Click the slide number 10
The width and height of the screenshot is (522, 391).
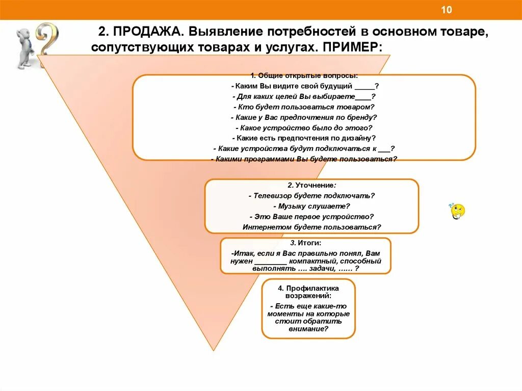[447, 10]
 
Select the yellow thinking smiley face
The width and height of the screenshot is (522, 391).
[458, 211]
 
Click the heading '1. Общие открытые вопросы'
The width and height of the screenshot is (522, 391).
[304, 75]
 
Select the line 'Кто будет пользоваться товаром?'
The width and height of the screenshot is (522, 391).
[304, 107]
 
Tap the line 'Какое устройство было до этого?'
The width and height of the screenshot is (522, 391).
[304, 127]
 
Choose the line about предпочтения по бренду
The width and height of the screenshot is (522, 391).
[304, 117]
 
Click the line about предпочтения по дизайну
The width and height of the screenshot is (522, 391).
[304, 138]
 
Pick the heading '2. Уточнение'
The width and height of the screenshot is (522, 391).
[311, 185]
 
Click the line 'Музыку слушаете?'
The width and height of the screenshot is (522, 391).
[311, 206]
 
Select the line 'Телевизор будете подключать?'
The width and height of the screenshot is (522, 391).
[311, 196]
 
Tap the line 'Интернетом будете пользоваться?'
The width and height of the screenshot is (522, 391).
[311, 227]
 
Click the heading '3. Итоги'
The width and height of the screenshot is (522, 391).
[306, 243]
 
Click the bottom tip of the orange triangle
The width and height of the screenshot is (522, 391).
[215, 350]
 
